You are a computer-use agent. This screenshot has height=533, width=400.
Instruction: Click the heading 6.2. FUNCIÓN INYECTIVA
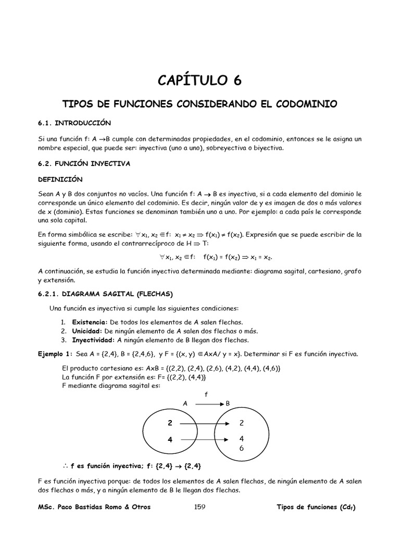[84, 163]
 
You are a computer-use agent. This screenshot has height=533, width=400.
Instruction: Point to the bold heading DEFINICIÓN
[60, 179]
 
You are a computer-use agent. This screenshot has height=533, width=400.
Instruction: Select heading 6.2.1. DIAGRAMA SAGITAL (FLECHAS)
[106, 293]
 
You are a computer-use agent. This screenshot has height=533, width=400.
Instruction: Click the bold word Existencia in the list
[87, 322]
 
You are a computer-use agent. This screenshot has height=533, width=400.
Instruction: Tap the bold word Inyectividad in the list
[93, 340]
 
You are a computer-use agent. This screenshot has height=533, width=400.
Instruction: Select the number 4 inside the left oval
[170, 440]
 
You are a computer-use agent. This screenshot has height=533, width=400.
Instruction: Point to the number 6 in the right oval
[241, 448]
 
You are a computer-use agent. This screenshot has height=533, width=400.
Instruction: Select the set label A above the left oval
[184, 403]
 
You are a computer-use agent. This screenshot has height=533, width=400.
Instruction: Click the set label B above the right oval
[228, 403]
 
